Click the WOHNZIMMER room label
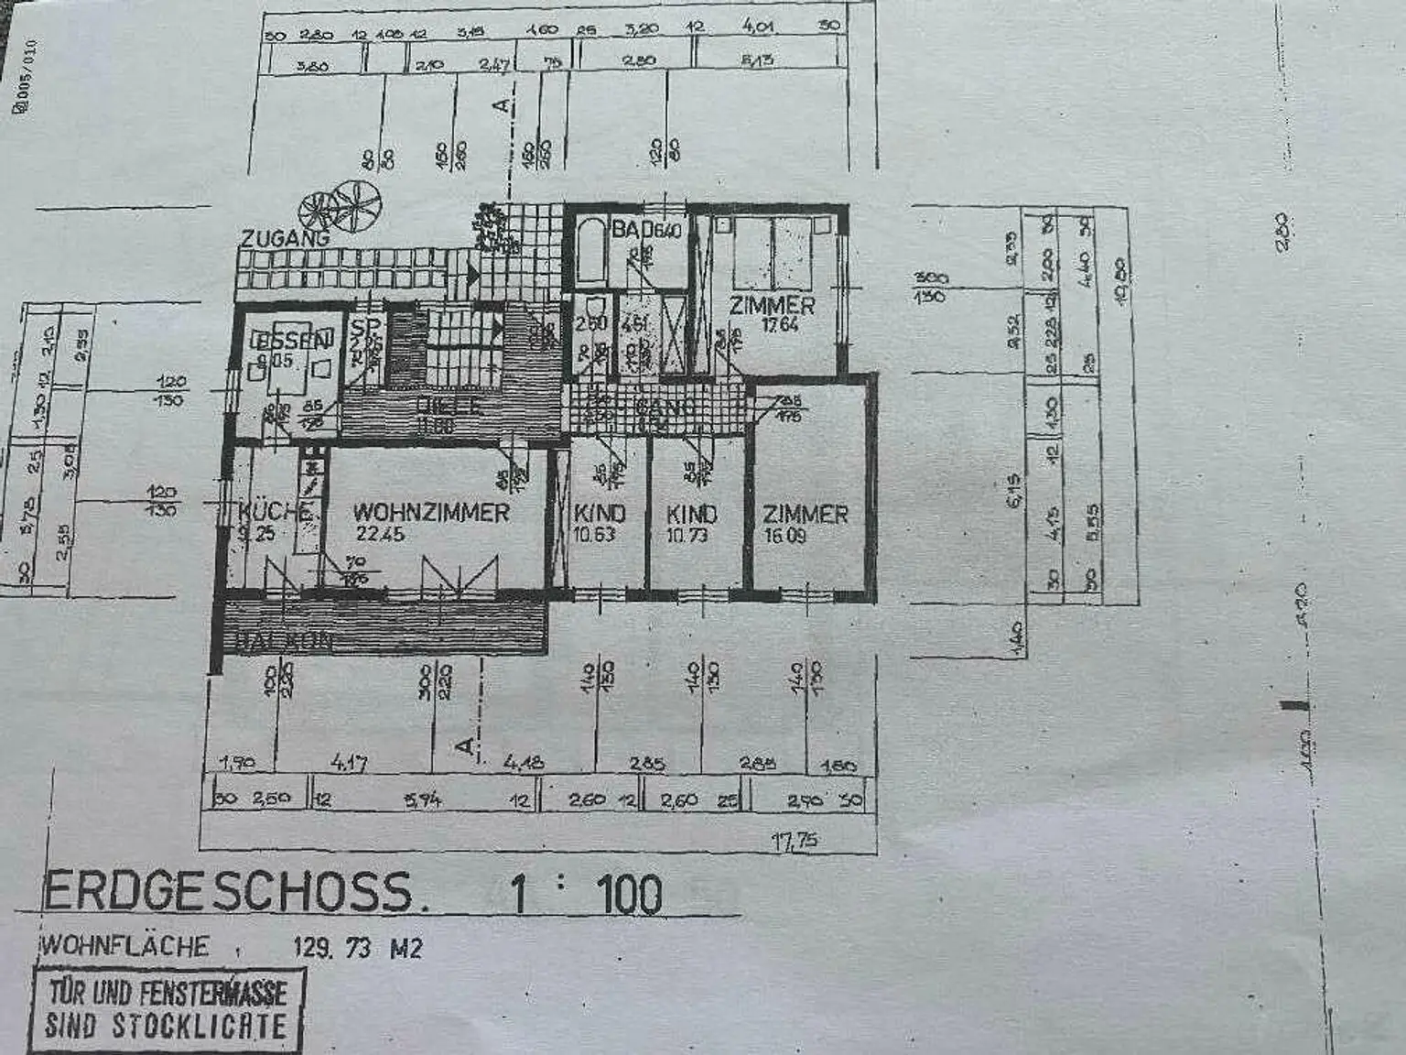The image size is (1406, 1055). coord(430,513)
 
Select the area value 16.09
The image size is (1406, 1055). coord(784,536)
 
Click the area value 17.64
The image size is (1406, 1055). coord(780,324)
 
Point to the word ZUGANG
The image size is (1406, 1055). coord(284,238)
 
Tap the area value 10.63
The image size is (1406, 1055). coord(594,535)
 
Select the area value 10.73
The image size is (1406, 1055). coord(687,535)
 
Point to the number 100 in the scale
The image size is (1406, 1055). coord(630,895)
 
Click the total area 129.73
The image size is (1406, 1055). coord(331,948)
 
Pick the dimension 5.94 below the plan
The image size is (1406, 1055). coord(422,799)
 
